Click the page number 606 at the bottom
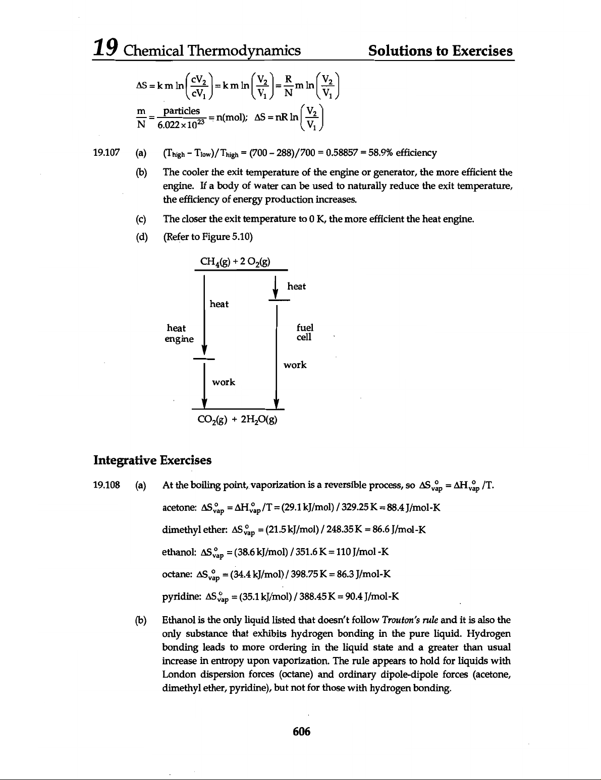(300, 731)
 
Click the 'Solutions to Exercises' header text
(441, 50)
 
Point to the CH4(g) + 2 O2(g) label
(236, 261)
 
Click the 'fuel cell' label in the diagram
(303, 333)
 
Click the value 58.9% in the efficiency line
(384, 153)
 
